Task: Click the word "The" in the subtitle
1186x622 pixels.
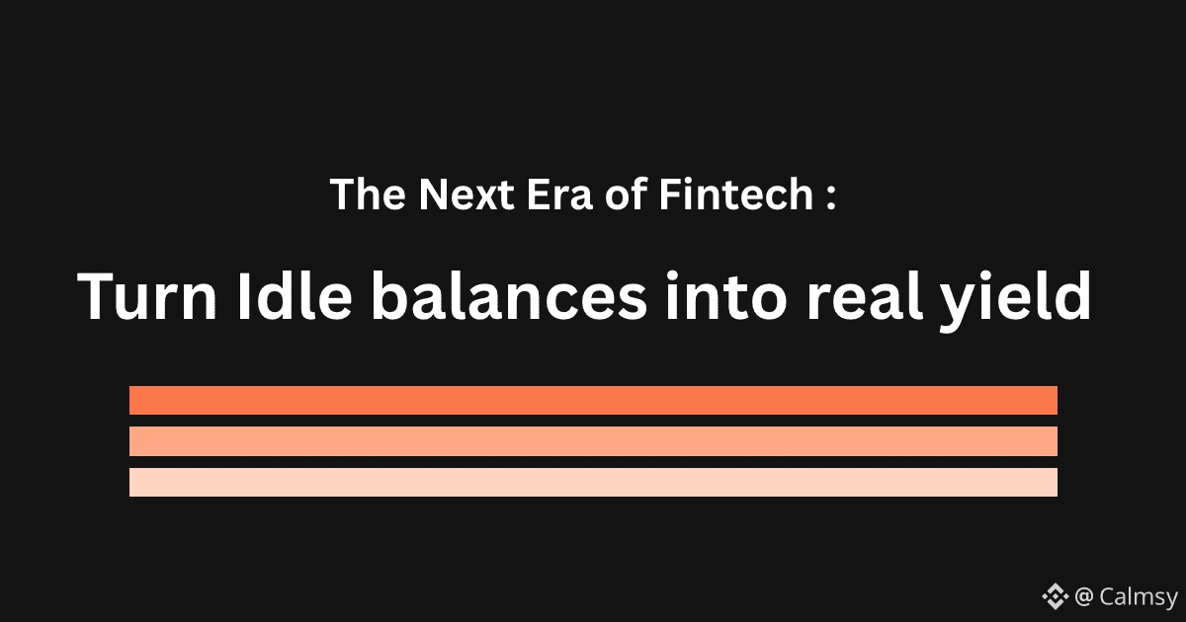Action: pyautogui.click(x=368, y=194)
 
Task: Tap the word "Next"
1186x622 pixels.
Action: pyautogui.click(x=466, y=194)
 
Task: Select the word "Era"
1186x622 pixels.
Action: pyautogui.click(x=559, y=194)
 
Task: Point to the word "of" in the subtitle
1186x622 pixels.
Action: pyautogui.click(x=627, y=194)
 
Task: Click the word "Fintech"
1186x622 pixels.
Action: pyautogui.click(x=736, y=194)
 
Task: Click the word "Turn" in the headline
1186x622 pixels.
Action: pyautogui.click(x=146, y=296)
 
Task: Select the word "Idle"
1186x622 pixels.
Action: pyautogui.click(x=295, y=295)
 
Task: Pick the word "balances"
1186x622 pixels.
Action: pyautogui.click(x=509, y=295)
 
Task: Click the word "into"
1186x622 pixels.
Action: pyautogui.click(x=725, y=295)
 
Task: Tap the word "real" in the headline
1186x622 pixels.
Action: pyautogui.click(x=865, y=295)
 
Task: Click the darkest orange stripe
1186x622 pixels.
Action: pyautogui.click(x=594, y=401)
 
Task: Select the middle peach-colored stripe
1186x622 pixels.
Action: pyautogui.click(x=594, y=441)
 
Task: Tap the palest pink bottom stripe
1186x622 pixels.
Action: pyautogui.click(x=594, y=482)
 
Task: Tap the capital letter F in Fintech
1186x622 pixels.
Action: pyautogui.click(x=670, y=194)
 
